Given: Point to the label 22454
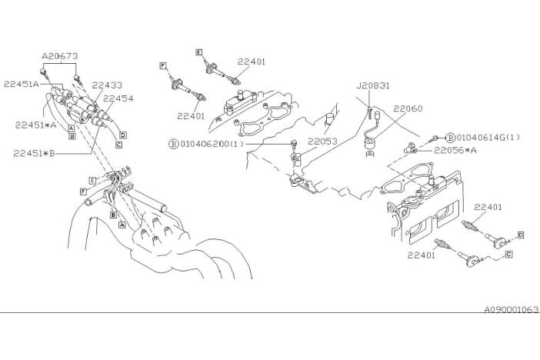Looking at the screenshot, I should click(x=118, y=98).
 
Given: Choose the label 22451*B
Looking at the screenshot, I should click(x=35, y=152).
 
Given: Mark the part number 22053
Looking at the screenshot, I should click(x=324, y=142).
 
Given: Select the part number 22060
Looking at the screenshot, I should click(x=408, y=109).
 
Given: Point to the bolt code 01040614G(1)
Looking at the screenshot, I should click(x=487, y=138).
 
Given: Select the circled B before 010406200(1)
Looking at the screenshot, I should click(x=174, y=144).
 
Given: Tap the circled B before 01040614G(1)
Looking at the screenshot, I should click(x=450, y=138).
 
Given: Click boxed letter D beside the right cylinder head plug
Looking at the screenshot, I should click(x=520, y=233).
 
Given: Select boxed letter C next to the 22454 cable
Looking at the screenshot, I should click(x=119, y=144).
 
